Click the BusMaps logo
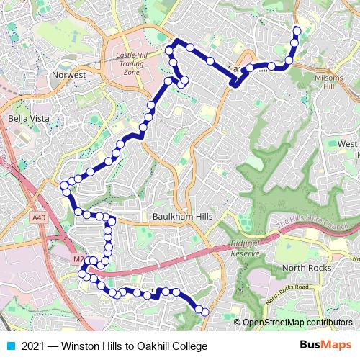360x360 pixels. click(325, 346)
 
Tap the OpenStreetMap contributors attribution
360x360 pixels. click(297, 323)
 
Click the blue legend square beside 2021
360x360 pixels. click(9, 346)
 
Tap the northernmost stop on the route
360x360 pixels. click(297, 30)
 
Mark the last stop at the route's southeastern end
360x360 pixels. click(205, 312)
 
